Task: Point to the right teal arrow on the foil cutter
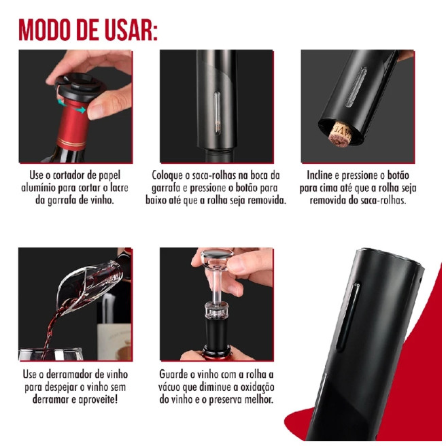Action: pyautogui.click(x=81, y=109)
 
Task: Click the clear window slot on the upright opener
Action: pyautogui.click(x=217, y=112)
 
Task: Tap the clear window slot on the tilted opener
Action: pyautogui.click(x=356, y=87)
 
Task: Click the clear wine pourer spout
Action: pyautogui.click(x=86, y=288)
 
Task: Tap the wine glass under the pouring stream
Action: pyautogui.click(x=50, y=354)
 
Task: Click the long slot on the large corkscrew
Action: pyautogui.click(x=348, y=315)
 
